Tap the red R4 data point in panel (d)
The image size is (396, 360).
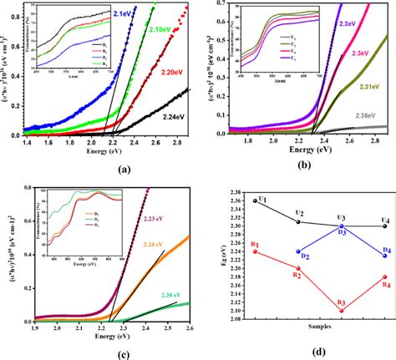tap(383, 276)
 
